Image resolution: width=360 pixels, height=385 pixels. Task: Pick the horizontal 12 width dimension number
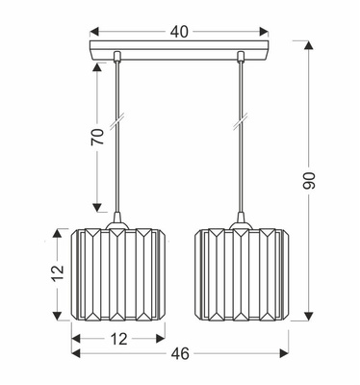point(118,340)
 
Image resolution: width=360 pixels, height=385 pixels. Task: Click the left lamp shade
point(117,274)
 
